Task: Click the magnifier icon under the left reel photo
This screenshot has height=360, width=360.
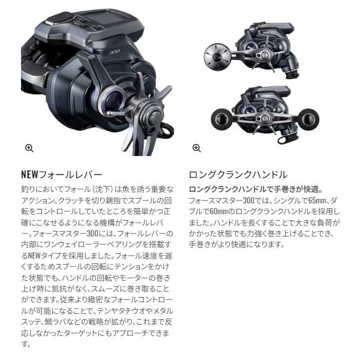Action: (x=29, y=148)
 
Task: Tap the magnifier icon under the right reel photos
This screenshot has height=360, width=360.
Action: (x=196, y=148)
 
